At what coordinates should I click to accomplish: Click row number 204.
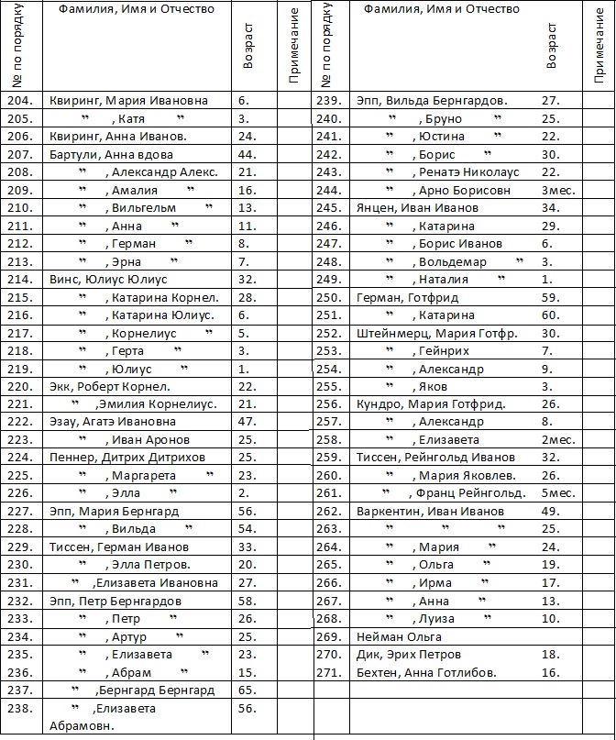[20, 101]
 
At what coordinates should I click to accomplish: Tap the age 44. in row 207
[247, 154]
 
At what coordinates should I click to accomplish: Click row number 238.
[20, 708]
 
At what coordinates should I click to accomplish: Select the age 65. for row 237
[247, 690]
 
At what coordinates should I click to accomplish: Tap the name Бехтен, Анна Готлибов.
[426, 672]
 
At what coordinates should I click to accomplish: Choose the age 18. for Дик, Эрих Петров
[551, 655]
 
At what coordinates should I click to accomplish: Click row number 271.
[328, 672]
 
